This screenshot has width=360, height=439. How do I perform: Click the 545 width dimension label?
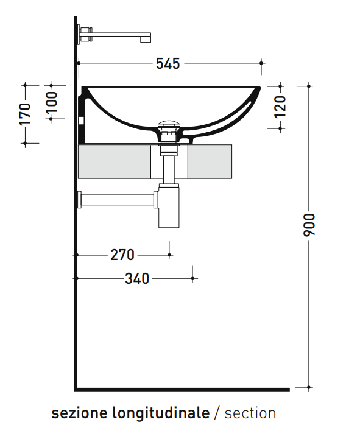[168, 63]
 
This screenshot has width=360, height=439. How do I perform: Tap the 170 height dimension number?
[24, 114]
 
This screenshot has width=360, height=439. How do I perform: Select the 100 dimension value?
[51, 102]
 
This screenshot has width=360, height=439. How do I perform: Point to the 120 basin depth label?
[280, 107]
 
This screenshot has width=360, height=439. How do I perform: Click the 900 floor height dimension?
[309, 225]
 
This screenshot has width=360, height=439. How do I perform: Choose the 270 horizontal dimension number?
[122, 255]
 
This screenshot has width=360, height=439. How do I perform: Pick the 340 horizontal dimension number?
[137, 279]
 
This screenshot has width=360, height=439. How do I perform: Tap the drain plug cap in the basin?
[168, 123]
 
